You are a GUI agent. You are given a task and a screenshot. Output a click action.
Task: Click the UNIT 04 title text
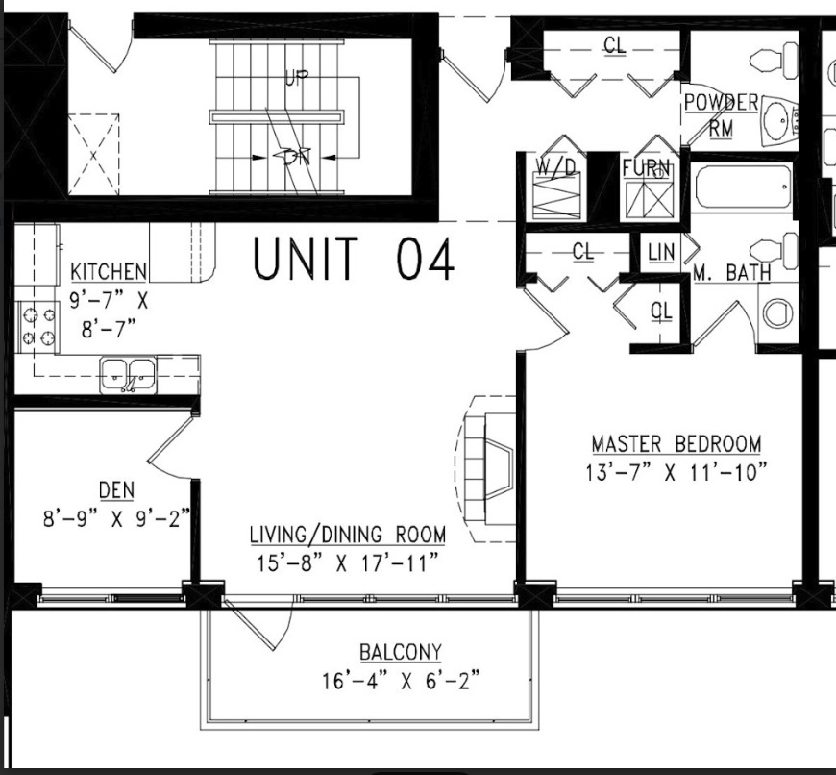point(353,260)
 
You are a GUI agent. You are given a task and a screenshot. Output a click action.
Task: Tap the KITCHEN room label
point(109,272)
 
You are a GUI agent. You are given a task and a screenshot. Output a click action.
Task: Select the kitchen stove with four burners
point(37,326)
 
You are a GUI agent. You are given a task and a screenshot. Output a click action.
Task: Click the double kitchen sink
point(129,373)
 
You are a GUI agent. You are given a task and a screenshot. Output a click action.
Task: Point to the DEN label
point(115,491)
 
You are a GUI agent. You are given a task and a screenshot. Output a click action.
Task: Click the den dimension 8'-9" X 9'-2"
point(115,519)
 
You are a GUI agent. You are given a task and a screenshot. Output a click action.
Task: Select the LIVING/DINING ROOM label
point(347,534)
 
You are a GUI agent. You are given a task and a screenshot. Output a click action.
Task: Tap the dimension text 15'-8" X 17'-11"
point(347,562)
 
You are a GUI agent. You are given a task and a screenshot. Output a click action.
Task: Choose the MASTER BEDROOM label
point(676,444)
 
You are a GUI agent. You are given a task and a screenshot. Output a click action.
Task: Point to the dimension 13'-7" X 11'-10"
point(676,473)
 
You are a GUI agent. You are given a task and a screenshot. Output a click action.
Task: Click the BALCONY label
point(401,653)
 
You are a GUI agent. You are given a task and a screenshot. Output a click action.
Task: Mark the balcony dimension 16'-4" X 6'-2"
point(401,682)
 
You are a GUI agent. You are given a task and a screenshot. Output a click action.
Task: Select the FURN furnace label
point(646,168)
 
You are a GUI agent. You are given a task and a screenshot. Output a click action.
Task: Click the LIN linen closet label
point(661,252)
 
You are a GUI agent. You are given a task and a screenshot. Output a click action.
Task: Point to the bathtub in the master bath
point(744,186)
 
